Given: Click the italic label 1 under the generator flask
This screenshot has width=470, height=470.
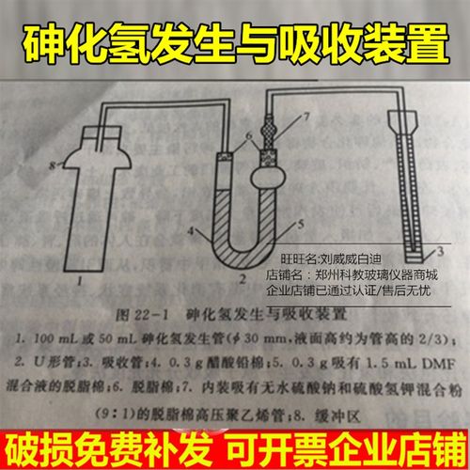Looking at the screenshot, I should (x=83, y=279).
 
